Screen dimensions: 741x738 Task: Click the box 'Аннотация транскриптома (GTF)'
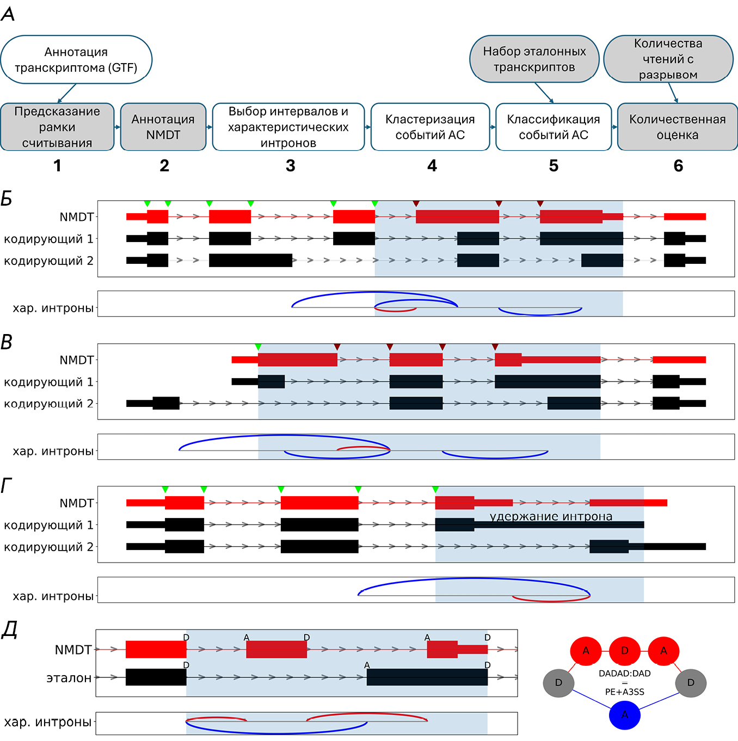pos(76,60)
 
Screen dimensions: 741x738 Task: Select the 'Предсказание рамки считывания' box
pos(57,127)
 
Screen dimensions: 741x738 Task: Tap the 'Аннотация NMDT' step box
pos(163,127)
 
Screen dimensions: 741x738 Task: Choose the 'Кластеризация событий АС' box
pos(430,127)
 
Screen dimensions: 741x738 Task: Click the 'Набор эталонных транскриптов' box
pos(534,59)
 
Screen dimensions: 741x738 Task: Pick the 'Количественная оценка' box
pos(677,127)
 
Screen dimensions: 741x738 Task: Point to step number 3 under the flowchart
pos(291,166)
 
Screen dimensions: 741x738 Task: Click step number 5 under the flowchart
pos(553,166)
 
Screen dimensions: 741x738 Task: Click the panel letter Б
pos(7,199)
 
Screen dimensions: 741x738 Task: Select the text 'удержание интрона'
pos(551,516)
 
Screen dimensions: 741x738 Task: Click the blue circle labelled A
pos(624,715)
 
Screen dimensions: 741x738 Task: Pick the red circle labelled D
pos(624,651)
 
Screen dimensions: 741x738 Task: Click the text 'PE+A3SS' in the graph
pos(624,692)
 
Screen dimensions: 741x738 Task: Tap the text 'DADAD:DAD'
pos(624,674)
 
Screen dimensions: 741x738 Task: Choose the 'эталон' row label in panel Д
pos(69,678)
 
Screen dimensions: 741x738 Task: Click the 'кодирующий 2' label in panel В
pos(48,404)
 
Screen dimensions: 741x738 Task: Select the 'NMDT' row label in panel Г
pos(77,503)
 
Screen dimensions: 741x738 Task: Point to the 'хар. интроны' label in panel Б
pos(53,308)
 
